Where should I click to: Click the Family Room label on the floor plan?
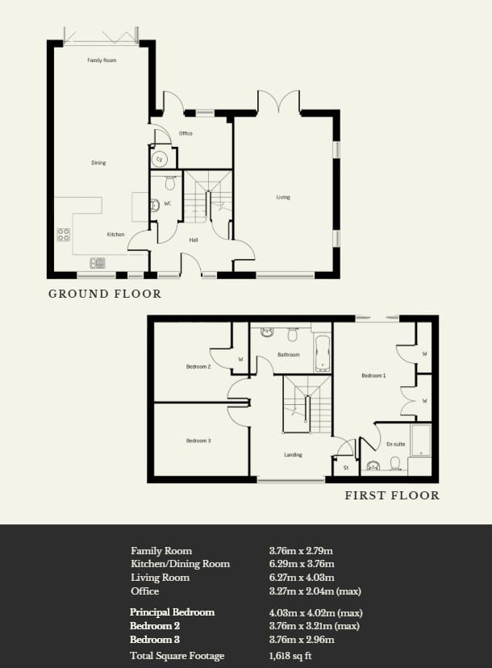pyautogui.click(x=102, y=61)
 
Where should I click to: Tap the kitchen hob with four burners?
pyautogui.click(x=64, y=235)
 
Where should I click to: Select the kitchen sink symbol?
pyautogui.click(x=98, y=263)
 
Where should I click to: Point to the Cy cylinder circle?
pyautogui.click(x=160, y=159)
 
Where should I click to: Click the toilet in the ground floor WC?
pyautogui.click(x=170, y=182)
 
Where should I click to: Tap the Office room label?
pyautogui.click(x=186, y=133)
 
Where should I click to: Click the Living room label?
pyautogui.click(x=283, y=197)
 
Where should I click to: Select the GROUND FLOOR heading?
pyautogui.click(x=105, y=294)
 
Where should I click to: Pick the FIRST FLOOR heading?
pyautogui.click(x=392, y=495)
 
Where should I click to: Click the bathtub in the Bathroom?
pyautogui.click(x=323, y=353)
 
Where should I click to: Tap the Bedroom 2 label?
pyautogui.click(x=198, y=366)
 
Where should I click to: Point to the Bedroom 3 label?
pyautogui.click(x=198, y=440)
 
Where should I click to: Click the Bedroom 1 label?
pyautogui.click(x=373, y=376)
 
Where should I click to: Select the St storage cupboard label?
pyautogui.click(x=346, y=468)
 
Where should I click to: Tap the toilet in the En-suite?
pyautogui.click(x=395, y=464)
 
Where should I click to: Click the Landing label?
pyautogui.click(x=293, y=455)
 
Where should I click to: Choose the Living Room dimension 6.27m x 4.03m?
pyautogui.click(x=302, y=578)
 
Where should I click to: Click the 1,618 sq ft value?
pyautogui.click(x=290, y=656)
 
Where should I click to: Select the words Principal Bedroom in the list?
pyautogui.click(x=172, y=612)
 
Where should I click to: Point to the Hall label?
pyautogui.click(x=194, y=240)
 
